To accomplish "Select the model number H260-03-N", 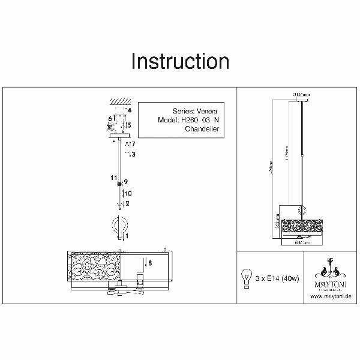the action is pyautogui.click(x=198, y=119).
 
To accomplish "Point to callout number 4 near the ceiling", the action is pyautogui.click(x=128, y=110).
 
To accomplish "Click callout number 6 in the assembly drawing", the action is pyautogui.click(x=110, y=118).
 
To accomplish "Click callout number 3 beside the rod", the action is pyautogui.click(x=133, y=154).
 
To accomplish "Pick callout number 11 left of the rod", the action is pyautogui.click(x=112, y=178).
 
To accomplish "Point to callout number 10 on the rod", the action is pyautogui.click(x=128, y=193).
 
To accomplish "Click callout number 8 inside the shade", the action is pyautogui.click(x=149, y=262).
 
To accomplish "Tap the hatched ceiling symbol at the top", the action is pyautogui.click(x=120, y=102).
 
